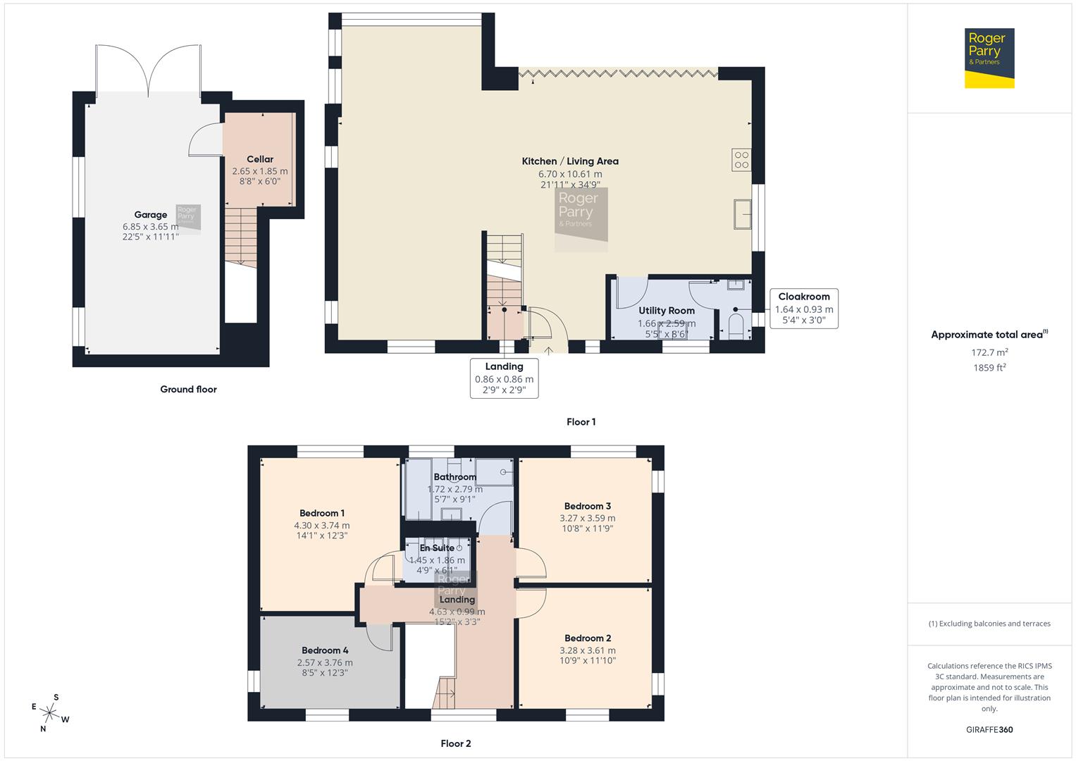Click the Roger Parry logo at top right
(x=989, y=58)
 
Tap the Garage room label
(x=151, y=215)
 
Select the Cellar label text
(x=260, y=159)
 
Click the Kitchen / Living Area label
(x=570, y=161)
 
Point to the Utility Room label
(x=667, y=311)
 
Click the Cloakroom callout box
(x=804, y=309)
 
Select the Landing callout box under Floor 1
(x=504, y=378)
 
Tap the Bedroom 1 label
(x=322, y=514)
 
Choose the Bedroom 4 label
(x=325, y=650)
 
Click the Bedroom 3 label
(x=588, y=506)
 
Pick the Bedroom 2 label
(x=588, y=638)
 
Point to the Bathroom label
(x=455, y=477)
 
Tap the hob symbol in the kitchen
(x=741, y=161)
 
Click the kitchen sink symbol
(x=741, y=214)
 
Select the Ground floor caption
(x=188, y=390)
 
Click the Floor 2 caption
(x=455, y=743)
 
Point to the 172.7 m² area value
(x=989, y=352)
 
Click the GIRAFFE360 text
(x=989, y=730)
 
